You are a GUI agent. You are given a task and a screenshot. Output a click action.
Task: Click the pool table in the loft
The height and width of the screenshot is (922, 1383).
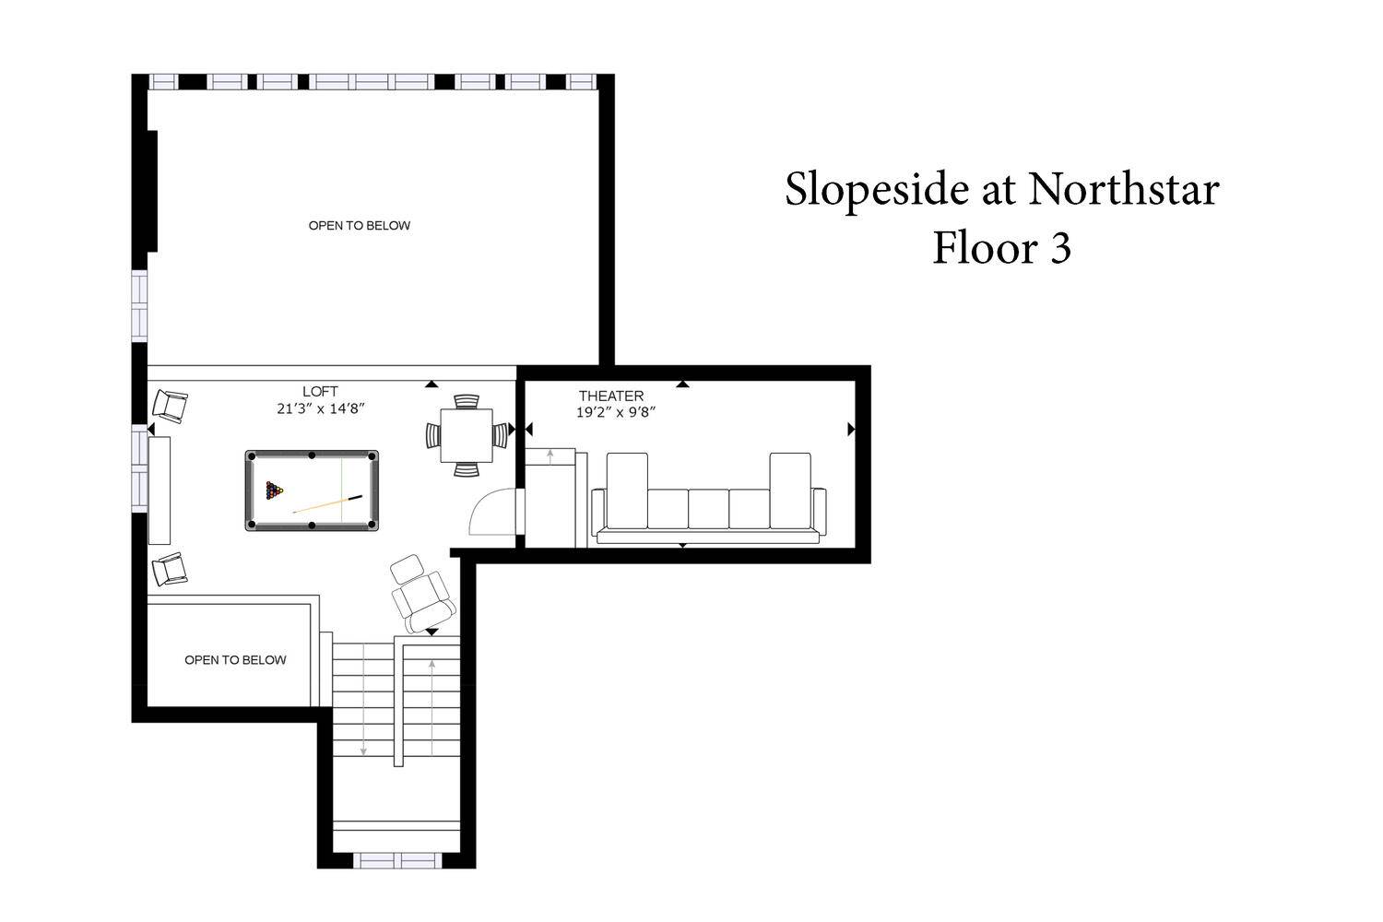(x=312, y=491)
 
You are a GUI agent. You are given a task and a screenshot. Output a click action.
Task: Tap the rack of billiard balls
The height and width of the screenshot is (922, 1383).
(x=274, y=491)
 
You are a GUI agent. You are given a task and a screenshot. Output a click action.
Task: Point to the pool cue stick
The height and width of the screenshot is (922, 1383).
(x=327, y=503)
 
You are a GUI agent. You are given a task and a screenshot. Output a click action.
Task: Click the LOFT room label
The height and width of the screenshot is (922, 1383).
(x=320, y=392)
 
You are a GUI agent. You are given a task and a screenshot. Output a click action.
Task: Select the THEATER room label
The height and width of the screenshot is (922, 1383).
(x=611, y=396)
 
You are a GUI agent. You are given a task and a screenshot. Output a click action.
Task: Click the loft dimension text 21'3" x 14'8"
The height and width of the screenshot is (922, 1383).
(x=321, y=408)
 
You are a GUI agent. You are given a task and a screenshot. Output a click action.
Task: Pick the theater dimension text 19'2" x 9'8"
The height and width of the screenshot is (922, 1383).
(x=616, y=412)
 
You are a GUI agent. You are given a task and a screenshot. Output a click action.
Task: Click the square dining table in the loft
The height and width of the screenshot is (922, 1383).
(x=467, y=435)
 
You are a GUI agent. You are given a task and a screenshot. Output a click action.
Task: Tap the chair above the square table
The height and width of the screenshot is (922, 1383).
(x=467, y=401)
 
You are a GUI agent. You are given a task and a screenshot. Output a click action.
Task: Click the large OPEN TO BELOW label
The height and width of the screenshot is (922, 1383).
(x=360, y=225)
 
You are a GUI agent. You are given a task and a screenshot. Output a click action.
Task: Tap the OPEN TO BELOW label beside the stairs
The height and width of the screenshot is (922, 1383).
(x=235, y=659)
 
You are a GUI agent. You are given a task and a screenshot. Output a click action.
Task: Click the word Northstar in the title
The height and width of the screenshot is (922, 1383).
(x=1123, y=189)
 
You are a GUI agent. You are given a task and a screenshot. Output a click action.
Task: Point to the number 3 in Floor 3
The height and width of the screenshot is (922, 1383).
(x=1060, y=248)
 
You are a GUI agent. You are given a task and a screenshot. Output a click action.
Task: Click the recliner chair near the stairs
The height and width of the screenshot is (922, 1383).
(x=422, y=595)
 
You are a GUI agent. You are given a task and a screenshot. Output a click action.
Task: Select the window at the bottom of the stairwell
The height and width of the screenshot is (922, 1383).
(x=397, y=860)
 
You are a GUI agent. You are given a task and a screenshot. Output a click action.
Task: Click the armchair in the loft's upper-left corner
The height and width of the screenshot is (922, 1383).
(x=170, y=406)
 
